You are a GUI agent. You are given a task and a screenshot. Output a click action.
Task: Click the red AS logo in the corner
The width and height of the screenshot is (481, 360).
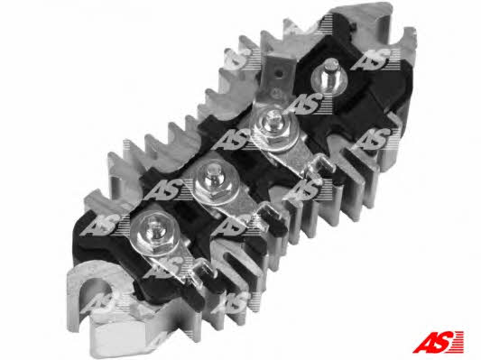pyautogui.click(x=438, y=342)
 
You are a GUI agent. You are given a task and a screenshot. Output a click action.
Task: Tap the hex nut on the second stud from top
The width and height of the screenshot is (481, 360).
pyautogui.click(x=271, y=130)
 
